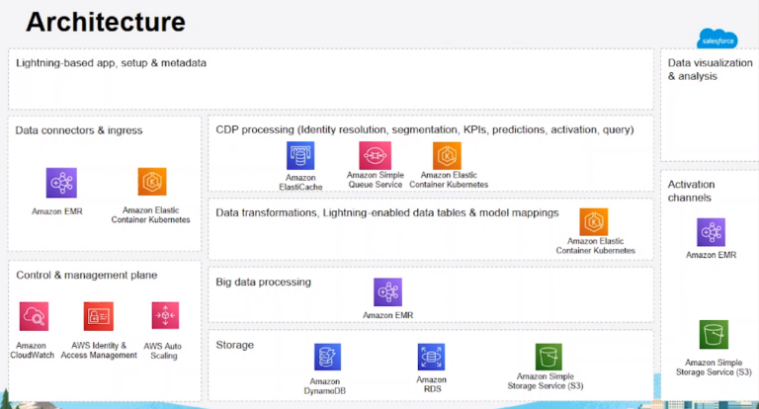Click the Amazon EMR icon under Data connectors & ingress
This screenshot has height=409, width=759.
tap(61, 183)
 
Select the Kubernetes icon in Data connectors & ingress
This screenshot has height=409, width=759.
tap(153, 183)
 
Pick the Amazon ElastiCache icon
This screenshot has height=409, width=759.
tap(300, 156)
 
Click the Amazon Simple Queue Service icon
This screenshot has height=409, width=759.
tap(375, 156)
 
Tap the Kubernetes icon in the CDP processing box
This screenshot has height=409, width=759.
tap(447, 156)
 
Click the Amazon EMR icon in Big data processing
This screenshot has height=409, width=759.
tap(387, 292)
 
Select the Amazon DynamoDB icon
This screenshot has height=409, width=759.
tap(327, 358)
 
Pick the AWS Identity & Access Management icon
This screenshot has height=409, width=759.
tap(99, 316)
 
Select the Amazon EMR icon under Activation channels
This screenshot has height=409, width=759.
tap(711, 232)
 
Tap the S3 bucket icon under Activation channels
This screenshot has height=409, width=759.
tap(712, 334)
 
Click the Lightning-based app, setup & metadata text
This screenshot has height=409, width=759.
tap(111, 63)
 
